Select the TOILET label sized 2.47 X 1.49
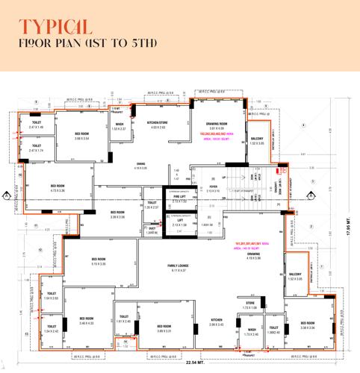point(37,125)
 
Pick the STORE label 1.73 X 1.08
point(249,304)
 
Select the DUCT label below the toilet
point(152,229)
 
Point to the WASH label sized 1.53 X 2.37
point(120,126)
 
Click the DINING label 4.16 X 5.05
point(140,166)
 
